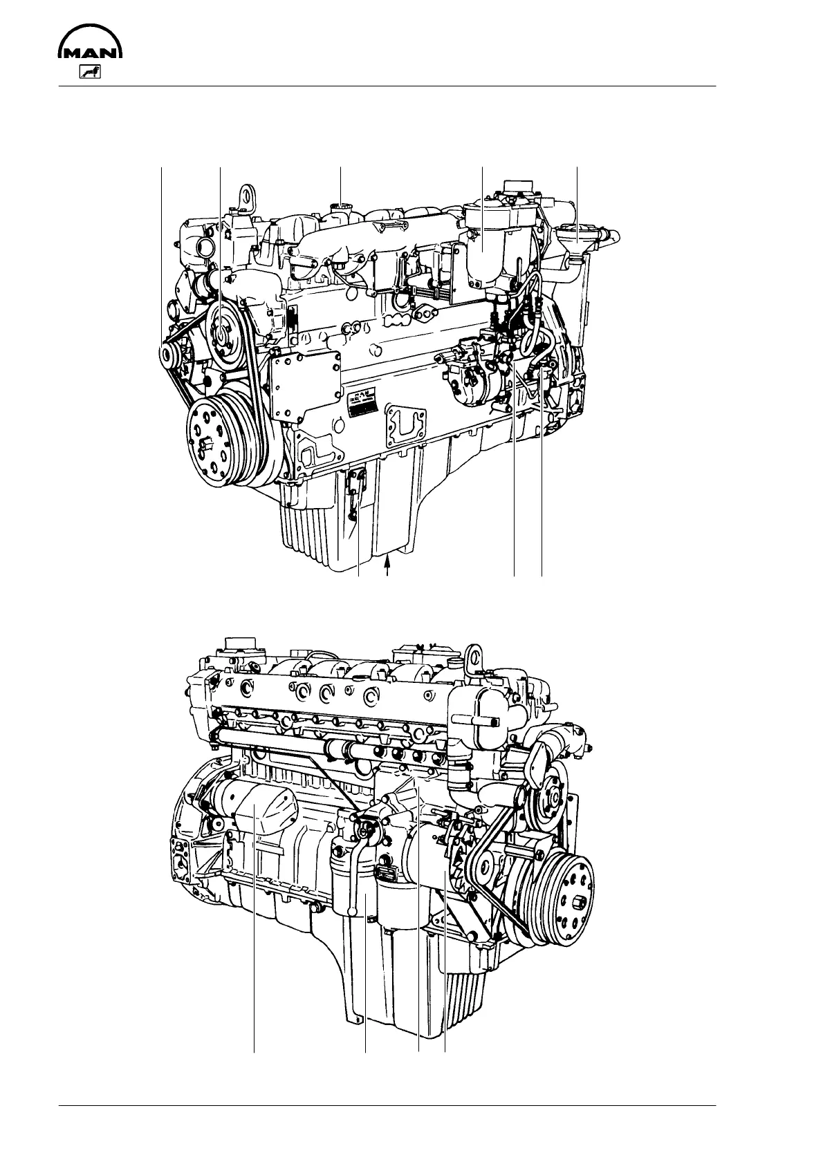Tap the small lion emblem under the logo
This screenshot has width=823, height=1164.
[x=90, y=72]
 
